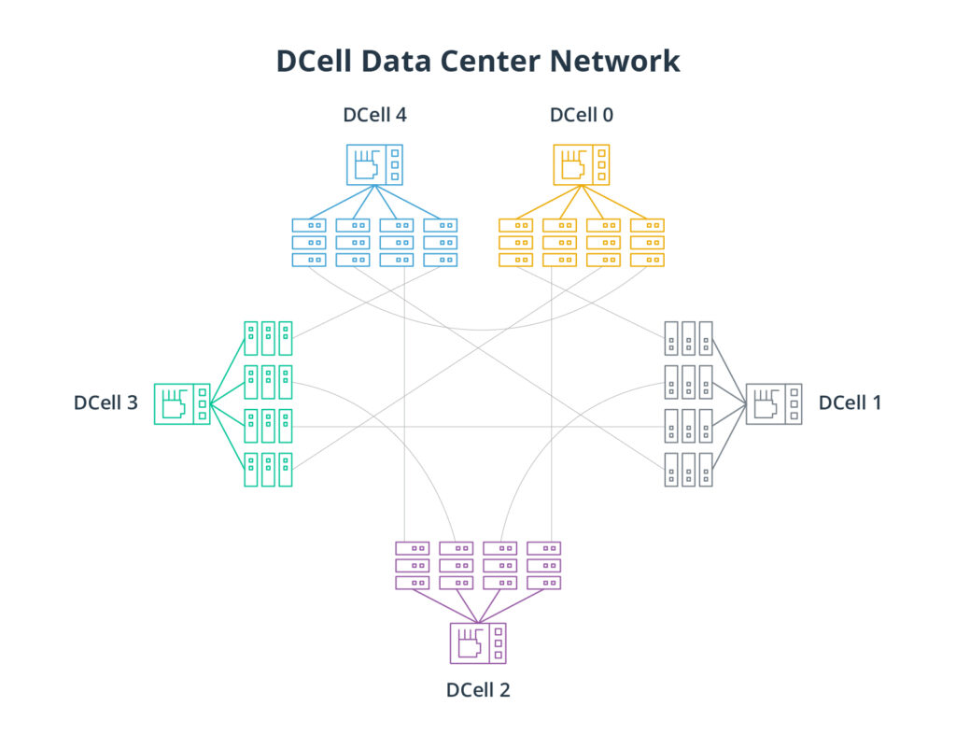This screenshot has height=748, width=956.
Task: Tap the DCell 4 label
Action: tap(374, 116)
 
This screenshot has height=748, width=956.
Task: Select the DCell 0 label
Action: tap(582, 116)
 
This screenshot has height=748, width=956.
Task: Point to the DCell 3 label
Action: tap(106, 403)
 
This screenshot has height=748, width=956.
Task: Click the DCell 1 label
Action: tap(850, 403)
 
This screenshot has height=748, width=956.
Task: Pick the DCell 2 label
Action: tap(478, 691)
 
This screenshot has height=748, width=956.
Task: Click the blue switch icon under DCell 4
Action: tap(374, 163)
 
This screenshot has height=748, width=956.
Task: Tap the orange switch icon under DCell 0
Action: tap(582, 163)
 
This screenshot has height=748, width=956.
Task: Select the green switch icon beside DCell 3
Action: tap(181, 403)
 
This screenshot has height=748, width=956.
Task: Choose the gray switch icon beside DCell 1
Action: tap(774, 403)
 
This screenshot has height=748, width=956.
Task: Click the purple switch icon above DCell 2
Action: tap(478, 642)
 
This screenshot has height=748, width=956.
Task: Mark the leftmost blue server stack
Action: tap(309, 242)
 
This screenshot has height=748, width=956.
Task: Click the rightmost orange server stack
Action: tap(647, 242)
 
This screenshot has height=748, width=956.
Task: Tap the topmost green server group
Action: tap(269, 338)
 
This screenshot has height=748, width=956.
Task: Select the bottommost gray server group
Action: tap(688, 469)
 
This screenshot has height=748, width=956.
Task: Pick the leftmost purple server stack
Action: tap(412, 565)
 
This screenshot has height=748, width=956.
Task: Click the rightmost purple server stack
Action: tap(544, 565)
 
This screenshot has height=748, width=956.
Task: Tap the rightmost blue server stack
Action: tap(441, 242)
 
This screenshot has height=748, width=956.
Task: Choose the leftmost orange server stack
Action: tap(515, 242)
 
